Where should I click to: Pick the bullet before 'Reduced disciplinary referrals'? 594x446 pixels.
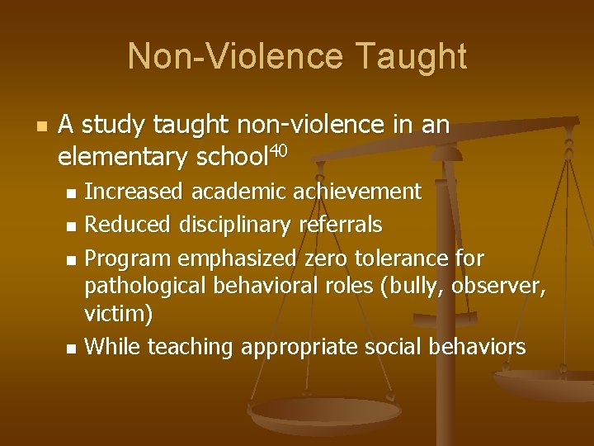(71, 225)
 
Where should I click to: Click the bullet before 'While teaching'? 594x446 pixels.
(71, 348)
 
